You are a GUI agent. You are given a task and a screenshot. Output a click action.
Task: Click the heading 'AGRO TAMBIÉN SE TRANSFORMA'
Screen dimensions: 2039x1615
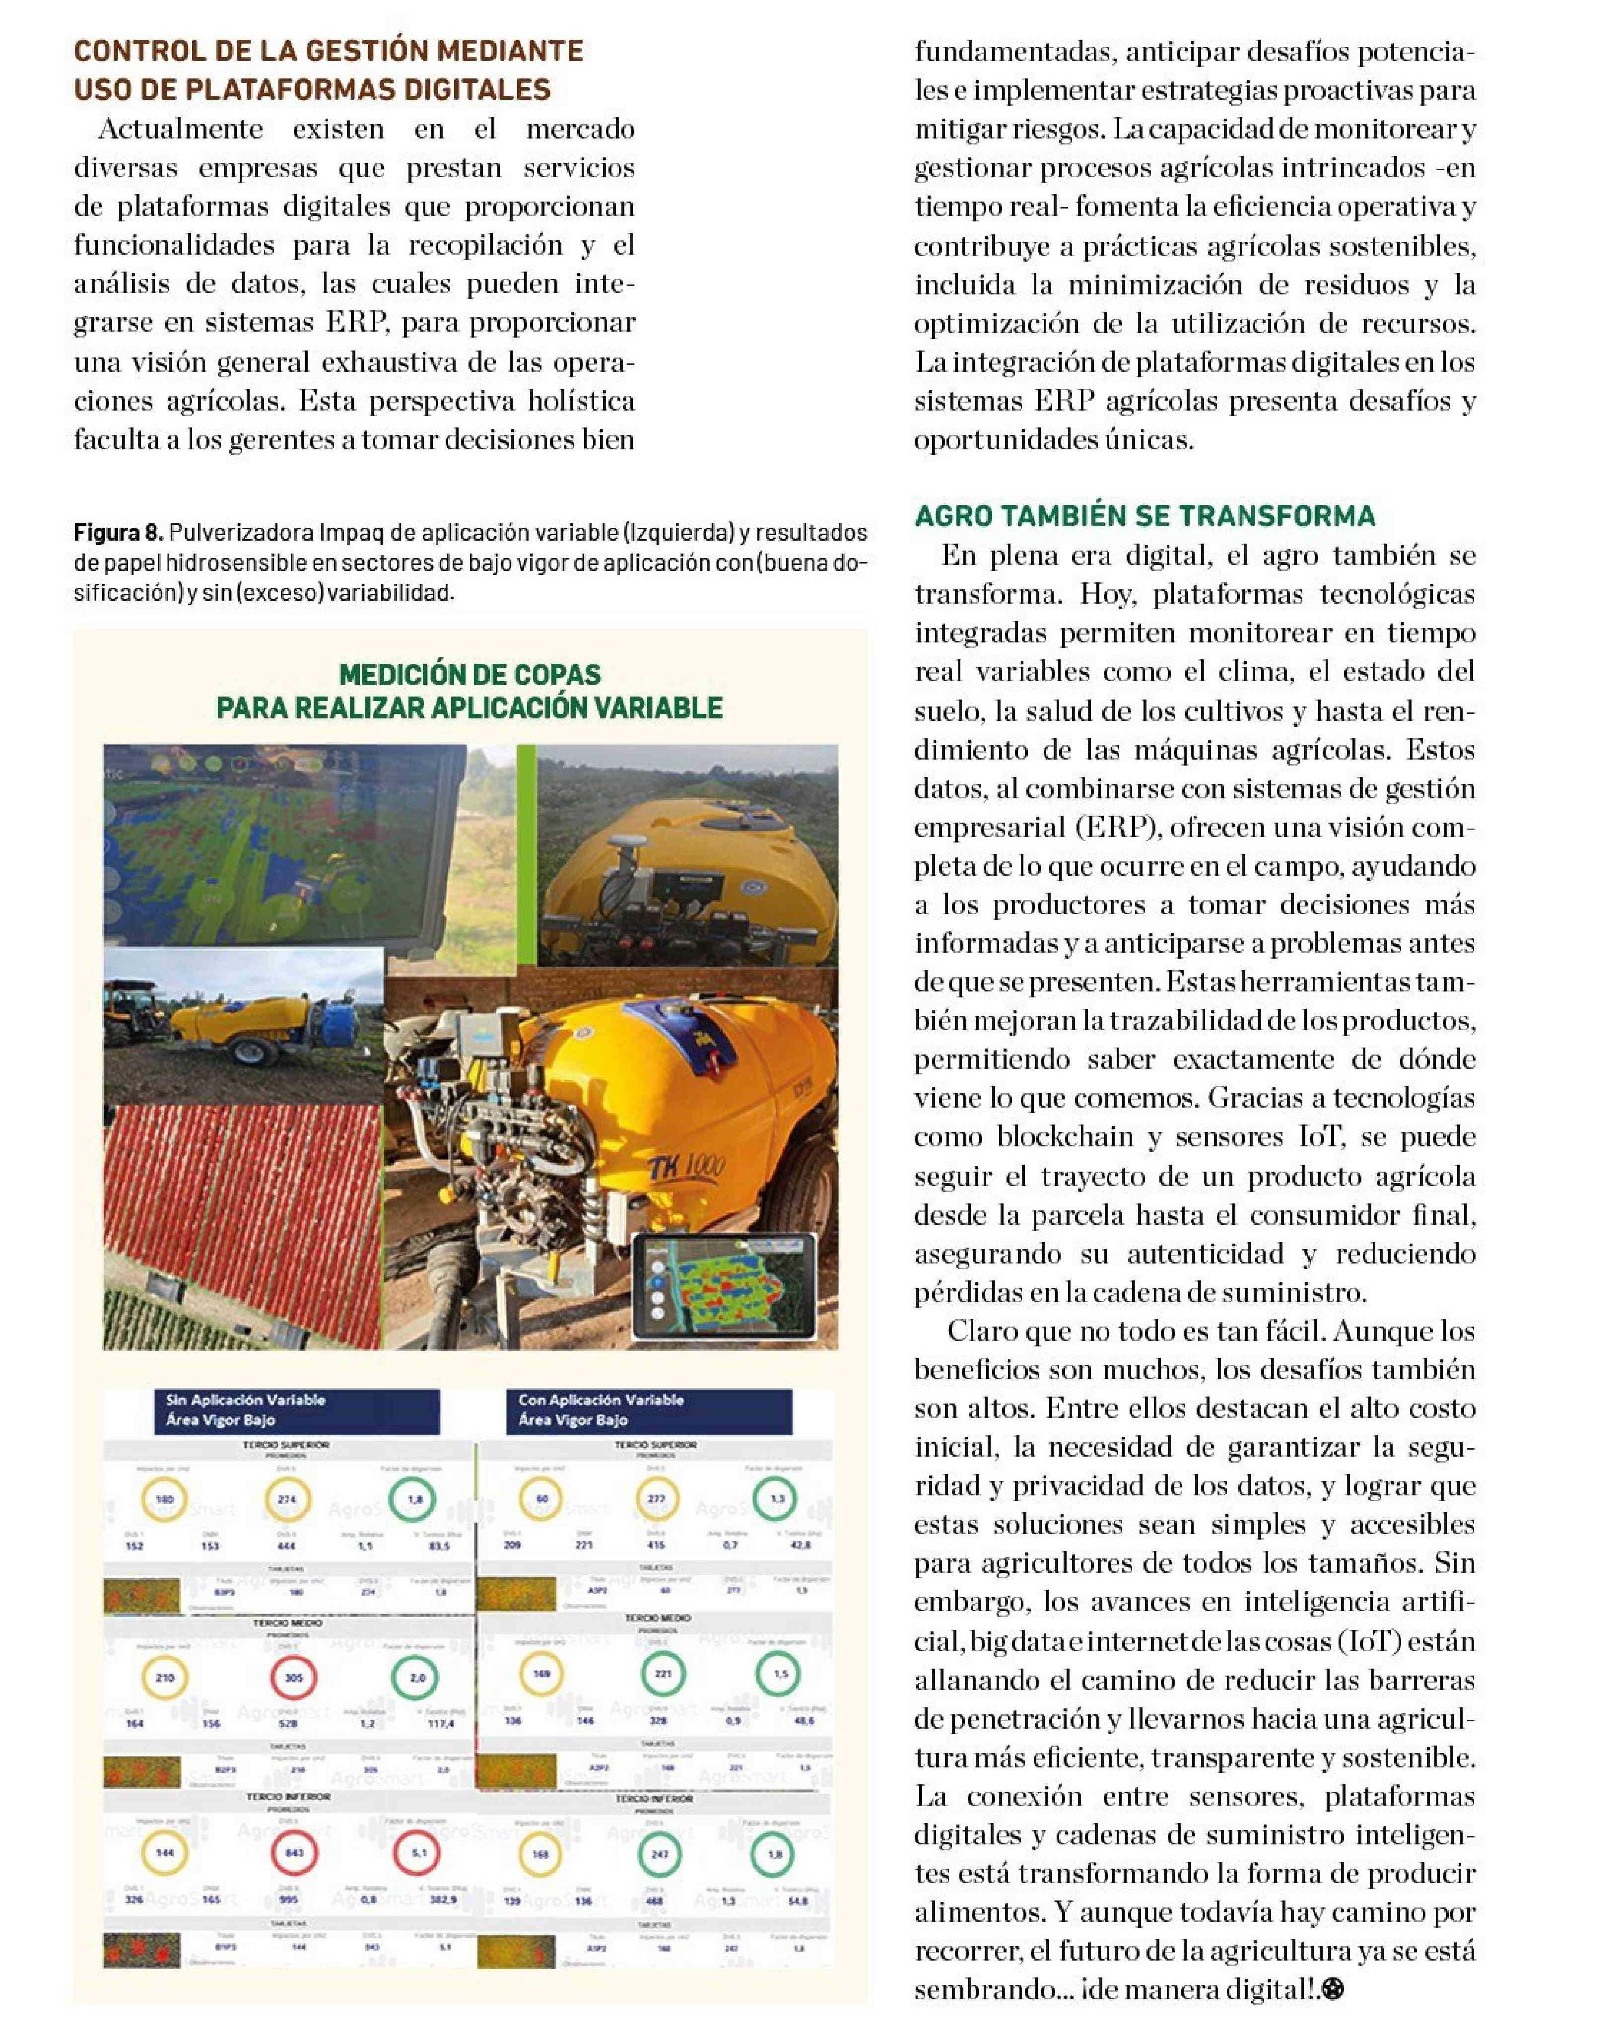tap(1144, 516)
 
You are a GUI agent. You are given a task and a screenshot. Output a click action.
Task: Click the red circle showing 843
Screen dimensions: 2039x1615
tap(294, 1854)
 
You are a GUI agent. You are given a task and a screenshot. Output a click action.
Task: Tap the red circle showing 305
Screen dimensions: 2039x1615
tap(294, 1678)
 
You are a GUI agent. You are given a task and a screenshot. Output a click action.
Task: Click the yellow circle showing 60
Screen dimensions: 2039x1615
tap(542, 1499)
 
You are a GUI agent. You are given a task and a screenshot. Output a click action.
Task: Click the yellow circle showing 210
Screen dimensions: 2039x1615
tap(164, 1678)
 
